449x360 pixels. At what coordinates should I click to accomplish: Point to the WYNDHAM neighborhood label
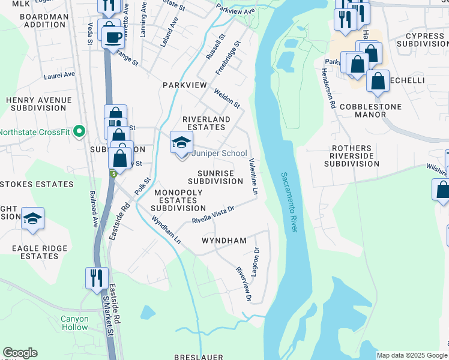pos(224,241)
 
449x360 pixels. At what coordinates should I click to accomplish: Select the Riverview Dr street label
pos(243,284)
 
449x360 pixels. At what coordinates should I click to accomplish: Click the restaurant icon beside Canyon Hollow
pos(97,278)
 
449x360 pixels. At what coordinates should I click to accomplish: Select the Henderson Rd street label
pos(331,86)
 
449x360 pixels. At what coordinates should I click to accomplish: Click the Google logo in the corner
pos(20,353)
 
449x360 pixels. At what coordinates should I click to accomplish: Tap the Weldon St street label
pos(228,98)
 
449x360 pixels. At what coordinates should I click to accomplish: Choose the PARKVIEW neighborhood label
pos(184,86)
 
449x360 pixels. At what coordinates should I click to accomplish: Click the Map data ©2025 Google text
pos(411,355)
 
